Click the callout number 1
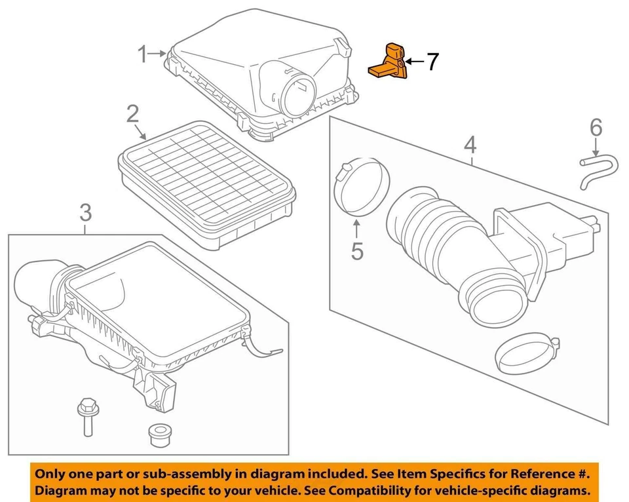click(x=143, y=55)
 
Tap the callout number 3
click(x=86, y=213)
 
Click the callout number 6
click(x=595, y=127)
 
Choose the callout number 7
click(x=431, y=62)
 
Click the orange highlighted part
click(x=391, y=62)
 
